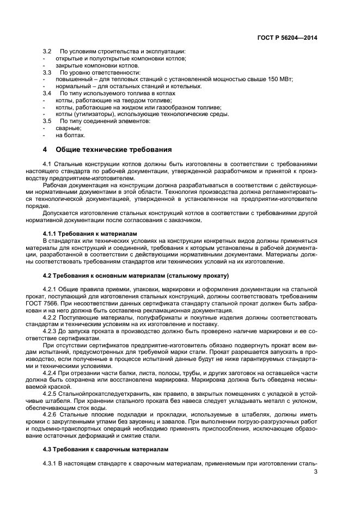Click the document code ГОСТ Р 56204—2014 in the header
point(287,38)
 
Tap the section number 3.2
point(47,51)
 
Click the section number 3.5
point(47,121)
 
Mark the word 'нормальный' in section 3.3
point(74,86)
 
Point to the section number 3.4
point(47,93)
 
